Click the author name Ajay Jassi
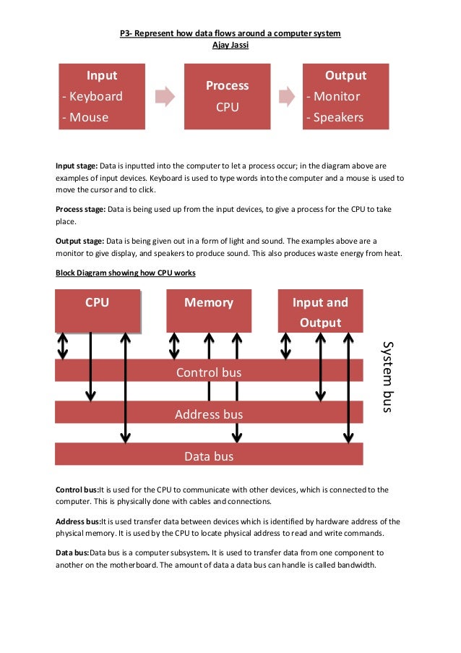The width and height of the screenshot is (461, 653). click(230, 46)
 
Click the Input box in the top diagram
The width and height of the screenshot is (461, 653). click(102, 96)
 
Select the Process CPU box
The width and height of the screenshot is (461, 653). click(227, 96)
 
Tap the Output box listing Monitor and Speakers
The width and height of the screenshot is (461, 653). click(345, 96)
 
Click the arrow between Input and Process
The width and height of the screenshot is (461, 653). click(165, 97)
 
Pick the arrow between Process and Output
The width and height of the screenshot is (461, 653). click(287, 97)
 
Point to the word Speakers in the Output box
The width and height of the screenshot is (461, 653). click(336, 117)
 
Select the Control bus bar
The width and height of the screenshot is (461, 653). click(209, 372)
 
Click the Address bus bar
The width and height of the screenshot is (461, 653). click(209, 414)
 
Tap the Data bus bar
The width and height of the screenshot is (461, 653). click(209, 456)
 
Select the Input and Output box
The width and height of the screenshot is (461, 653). click(320, 312)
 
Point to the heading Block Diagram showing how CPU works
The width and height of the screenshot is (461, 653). click(125, 273)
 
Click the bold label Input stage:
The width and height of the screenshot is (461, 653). click(76, 166)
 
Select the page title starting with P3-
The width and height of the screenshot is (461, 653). click(230, 33)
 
